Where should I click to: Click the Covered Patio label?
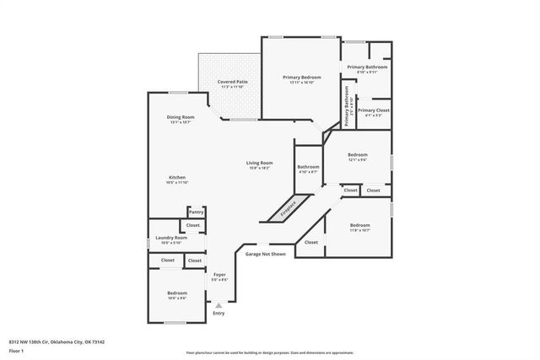pos(232,82)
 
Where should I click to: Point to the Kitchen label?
pos(177,177)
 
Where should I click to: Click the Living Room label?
pos(259,163)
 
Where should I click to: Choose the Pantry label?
pos(196,212)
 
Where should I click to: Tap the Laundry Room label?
pos(171,238)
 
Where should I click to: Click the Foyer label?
pos(219,275)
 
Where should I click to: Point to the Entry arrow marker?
pos(219,304)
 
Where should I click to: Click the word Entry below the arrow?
pos(219,313)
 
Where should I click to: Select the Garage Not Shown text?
pos(265,254)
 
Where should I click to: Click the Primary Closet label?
pos(373,110)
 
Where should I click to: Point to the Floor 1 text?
pos(15,350)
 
